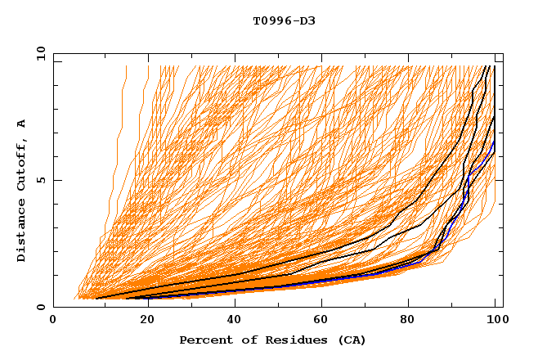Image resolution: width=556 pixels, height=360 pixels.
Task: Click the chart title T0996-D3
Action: coord(284,20)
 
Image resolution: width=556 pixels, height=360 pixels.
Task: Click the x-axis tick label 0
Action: coord(53,321)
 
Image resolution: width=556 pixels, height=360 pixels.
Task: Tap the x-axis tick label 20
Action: coord(143,321)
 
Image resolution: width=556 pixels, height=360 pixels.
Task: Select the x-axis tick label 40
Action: coord(233,321)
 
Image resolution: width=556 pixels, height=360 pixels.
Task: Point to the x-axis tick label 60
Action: coord(323,321)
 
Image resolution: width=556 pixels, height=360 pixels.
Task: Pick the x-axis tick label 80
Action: coord(413,321)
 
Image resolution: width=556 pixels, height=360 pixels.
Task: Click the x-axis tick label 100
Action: coord(499,321)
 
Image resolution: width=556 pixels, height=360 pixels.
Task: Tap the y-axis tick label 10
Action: coord(39,52)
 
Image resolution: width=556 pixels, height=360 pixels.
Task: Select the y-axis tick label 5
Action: coord(43,180)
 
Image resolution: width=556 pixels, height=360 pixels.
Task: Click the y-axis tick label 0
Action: coord(43,307)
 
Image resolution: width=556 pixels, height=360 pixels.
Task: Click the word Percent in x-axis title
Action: coord(205,340)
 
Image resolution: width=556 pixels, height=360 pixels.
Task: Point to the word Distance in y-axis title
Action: coord(21,234)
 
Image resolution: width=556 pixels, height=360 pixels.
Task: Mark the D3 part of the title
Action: coord(307,20)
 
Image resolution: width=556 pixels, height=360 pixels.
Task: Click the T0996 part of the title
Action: coord(272,20)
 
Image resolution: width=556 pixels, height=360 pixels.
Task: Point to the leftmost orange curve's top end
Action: coord(126,66)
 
